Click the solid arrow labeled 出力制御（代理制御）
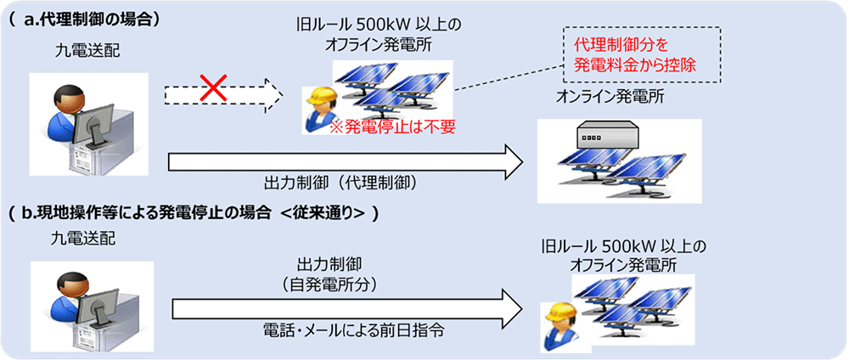[x=340, y=160]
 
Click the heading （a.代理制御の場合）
[x=85, y=18]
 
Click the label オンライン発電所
[x=610, y=98]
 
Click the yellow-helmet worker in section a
[x=320, y=109]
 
